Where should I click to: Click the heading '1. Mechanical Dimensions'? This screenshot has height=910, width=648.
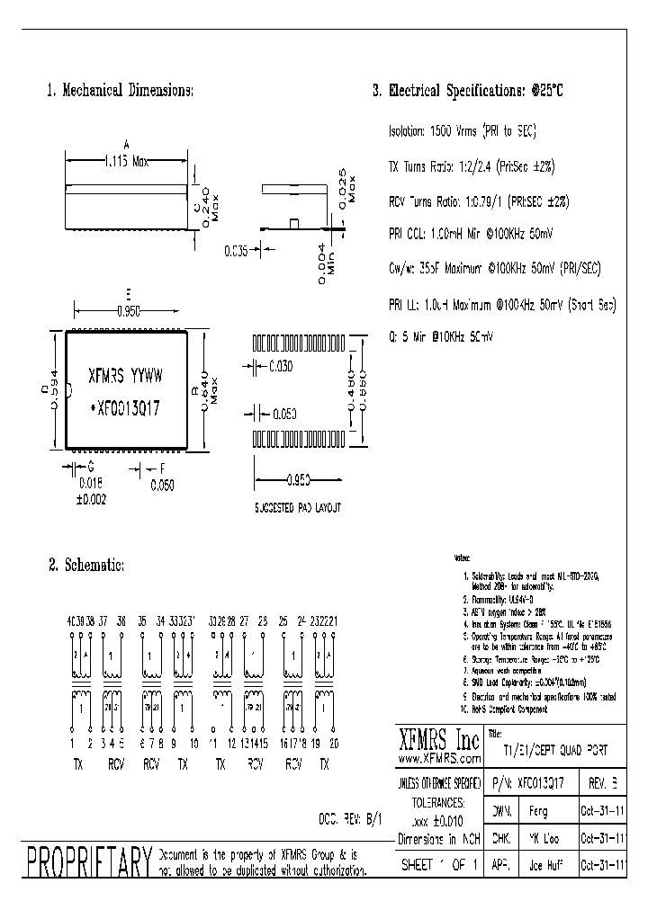(x=119, y=90)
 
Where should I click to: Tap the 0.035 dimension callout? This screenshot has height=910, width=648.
(x=235, y=251)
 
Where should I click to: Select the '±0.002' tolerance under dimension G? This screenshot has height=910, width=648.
(x=92, y=498)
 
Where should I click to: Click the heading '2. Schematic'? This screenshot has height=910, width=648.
(x=85, y=565)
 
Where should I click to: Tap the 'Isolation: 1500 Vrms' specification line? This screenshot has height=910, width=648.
(x=462, y=131)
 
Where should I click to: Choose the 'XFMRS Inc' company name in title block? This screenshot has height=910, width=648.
(x=439, y=740)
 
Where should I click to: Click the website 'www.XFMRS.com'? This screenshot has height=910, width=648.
(x=439, y=758)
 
